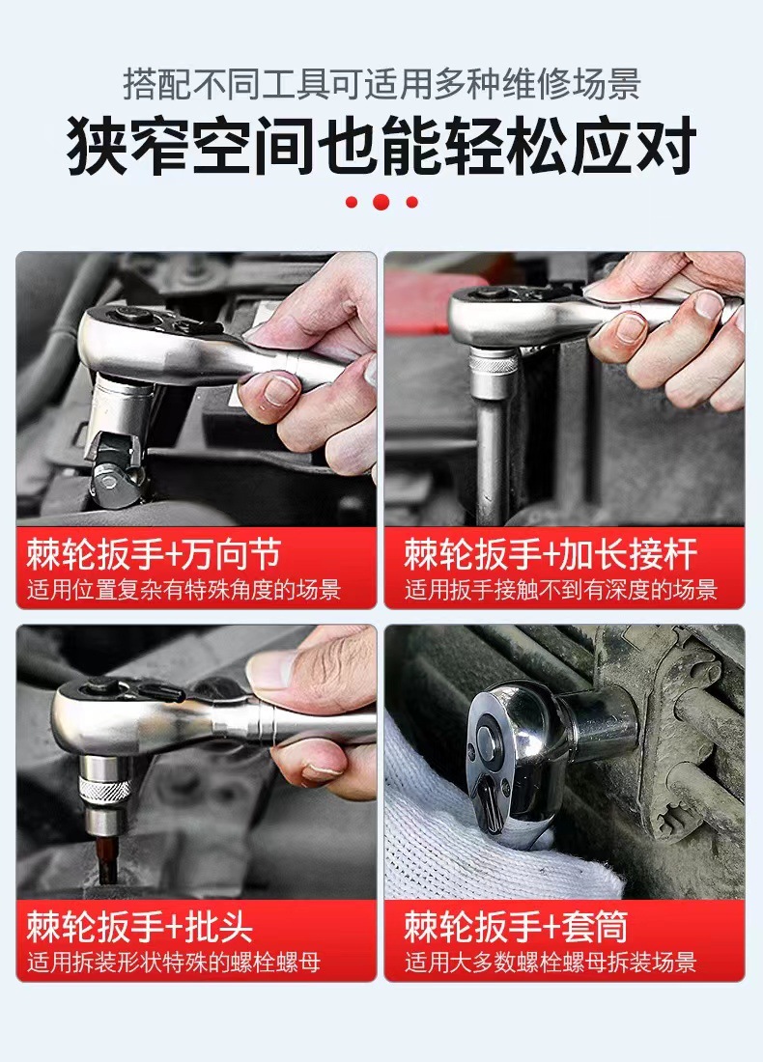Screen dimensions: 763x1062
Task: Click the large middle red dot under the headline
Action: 381,201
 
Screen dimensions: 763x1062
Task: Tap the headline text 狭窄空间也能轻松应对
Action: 381,146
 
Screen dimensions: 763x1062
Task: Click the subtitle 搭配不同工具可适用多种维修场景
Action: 381,84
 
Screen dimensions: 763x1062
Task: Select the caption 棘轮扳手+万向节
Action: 154,555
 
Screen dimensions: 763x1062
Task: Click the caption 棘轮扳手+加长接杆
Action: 551,555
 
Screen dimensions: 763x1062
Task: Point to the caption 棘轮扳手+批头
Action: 140,927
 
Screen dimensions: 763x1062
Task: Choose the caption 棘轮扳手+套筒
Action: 516,927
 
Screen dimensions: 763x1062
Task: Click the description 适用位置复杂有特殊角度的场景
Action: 184,590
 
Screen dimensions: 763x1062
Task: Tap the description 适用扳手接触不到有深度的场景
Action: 560,590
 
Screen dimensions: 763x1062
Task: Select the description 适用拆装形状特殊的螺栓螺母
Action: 174,962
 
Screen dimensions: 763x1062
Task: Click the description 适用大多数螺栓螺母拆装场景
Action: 551,962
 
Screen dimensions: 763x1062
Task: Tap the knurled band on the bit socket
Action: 105,790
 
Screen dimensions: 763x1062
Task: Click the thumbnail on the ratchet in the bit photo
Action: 271,670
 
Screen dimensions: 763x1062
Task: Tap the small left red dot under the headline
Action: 351,202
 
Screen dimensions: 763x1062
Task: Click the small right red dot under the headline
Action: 412,202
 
